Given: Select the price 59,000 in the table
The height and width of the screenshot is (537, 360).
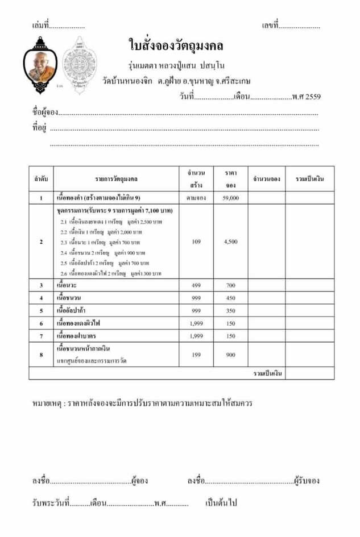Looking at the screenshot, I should click(230, 198).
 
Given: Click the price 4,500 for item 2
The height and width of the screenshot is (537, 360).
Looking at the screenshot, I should click(230, 242).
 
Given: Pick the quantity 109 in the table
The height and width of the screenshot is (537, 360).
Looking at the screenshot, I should click(196, 242).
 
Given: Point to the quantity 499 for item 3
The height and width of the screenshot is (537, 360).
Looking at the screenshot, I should click(196, 285).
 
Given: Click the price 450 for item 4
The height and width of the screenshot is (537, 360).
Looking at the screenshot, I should click(230, 298).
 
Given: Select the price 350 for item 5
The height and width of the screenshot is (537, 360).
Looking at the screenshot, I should click(230, 311).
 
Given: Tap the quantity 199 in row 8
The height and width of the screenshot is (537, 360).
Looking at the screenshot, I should click(196, 355).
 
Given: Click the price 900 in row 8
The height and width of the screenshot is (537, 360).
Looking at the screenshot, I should click(230, 355).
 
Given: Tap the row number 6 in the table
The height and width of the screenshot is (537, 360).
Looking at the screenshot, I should click(41, 323).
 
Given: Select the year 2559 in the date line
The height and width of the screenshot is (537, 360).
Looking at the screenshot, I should click(313, 97).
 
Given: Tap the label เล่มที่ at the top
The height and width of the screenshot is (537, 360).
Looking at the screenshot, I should click(41, 26).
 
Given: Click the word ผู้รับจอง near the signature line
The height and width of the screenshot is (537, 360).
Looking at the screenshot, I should click(307, 481).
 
